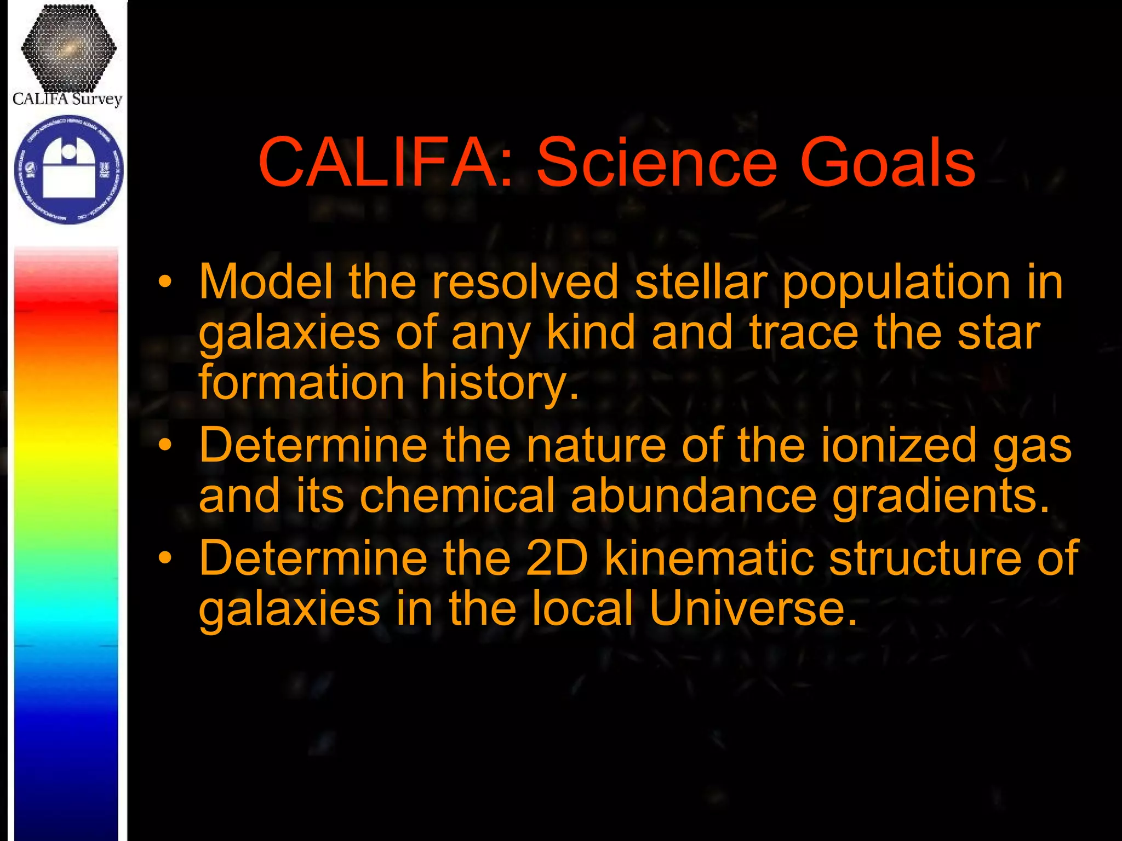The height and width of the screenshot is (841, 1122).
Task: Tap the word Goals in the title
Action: pyautogui.click(x=887, y=163)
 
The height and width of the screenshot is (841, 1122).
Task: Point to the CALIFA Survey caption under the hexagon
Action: pyautogui.click(x=67, y=99)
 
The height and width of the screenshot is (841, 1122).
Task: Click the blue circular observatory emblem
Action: pyautogui.click(x=68, y=170)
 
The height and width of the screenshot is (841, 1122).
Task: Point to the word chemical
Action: pyautogui.click(x=457, y=496)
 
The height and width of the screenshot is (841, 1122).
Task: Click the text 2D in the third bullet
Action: pyautogui.click(x=556, y=558)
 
